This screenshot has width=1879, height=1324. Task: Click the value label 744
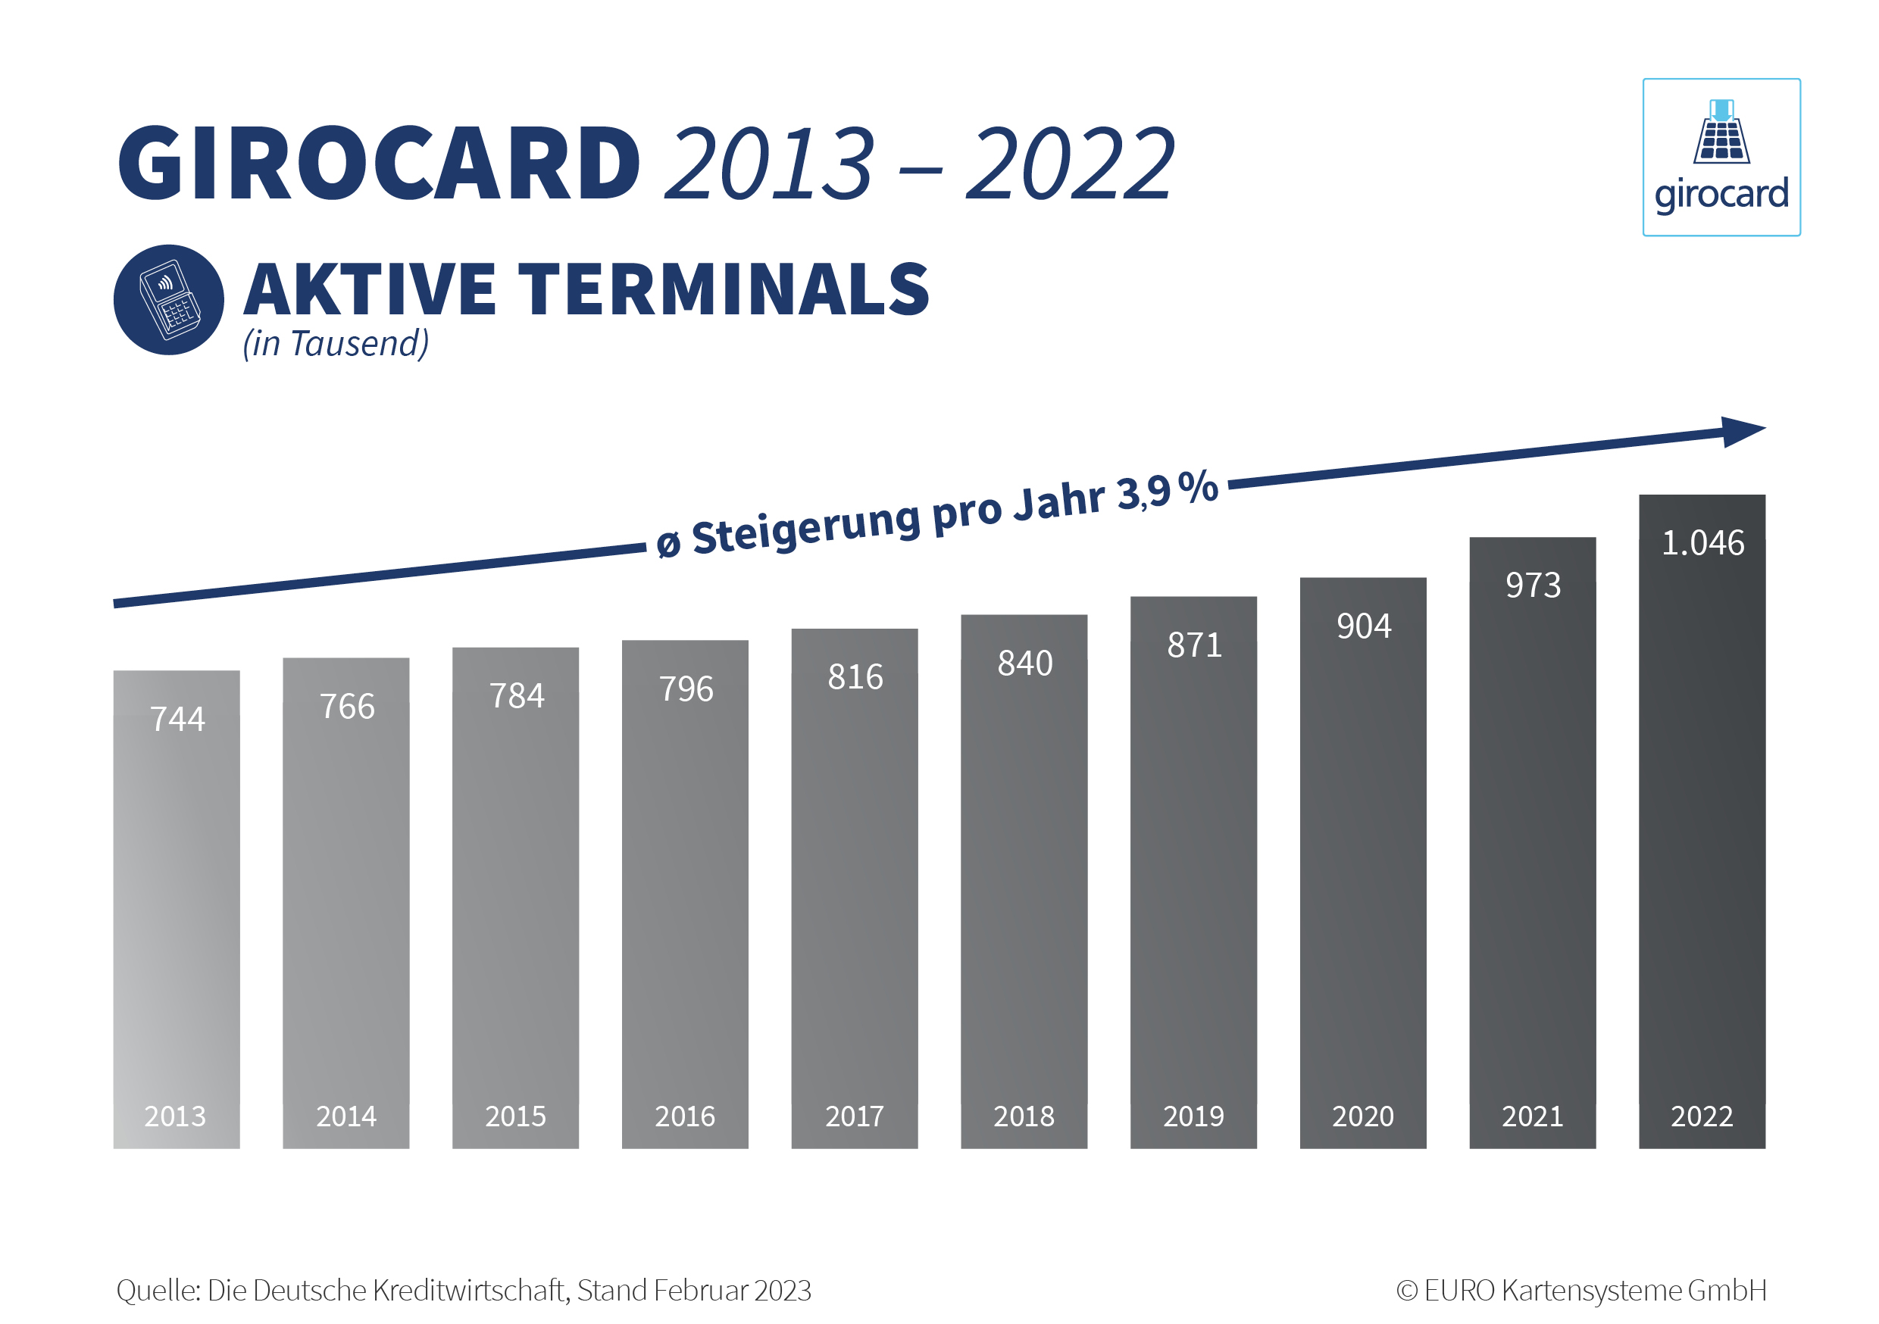(x=177, y=720)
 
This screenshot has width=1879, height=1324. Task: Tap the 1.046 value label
(x=1702, y=543)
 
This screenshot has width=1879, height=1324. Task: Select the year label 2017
(x=855, y=1116)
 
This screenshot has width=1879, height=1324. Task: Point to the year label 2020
(x=1362, y=1116)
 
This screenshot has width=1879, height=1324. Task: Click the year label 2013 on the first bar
(x=175, y=1116)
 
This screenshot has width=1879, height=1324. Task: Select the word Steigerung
(x=806, y=528)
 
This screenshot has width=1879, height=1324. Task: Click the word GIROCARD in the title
(x=379, y=163)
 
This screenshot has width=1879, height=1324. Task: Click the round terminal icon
(x=169, y=299)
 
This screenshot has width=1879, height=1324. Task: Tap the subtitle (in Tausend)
(x=336, y=344)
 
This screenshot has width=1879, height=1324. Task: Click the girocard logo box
(x=1721, y=157)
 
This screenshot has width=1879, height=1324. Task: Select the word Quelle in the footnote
(x=157, y=1291)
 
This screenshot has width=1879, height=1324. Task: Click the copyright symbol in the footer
(x=1407, y=1291)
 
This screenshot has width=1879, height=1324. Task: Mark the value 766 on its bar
(x=347, y=707)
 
